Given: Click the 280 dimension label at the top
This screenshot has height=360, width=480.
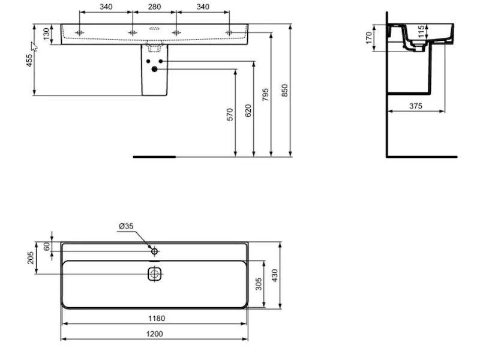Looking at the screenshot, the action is click(x=154, y=7).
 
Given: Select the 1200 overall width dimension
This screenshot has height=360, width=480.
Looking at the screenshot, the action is click(x=154, y=334).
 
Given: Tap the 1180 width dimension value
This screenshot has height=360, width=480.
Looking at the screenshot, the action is click(x=157, y=319).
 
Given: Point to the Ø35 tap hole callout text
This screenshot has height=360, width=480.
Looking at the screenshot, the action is click(x=126, y=226).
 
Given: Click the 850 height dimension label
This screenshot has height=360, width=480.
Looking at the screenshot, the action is click(x=284, y=91).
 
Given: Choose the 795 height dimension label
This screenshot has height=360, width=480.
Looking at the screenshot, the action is click(x=265, y=95).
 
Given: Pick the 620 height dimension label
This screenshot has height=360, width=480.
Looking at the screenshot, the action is click(x=248, y=110).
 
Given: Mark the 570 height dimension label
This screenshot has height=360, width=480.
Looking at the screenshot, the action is click(x=230, y=115).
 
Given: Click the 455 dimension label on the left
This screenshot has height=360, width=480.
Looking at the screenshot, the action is click(x=29, y=61).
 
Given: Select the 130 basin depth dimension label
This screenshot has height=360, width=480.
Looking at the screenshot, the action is click(x=46, y=34).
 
